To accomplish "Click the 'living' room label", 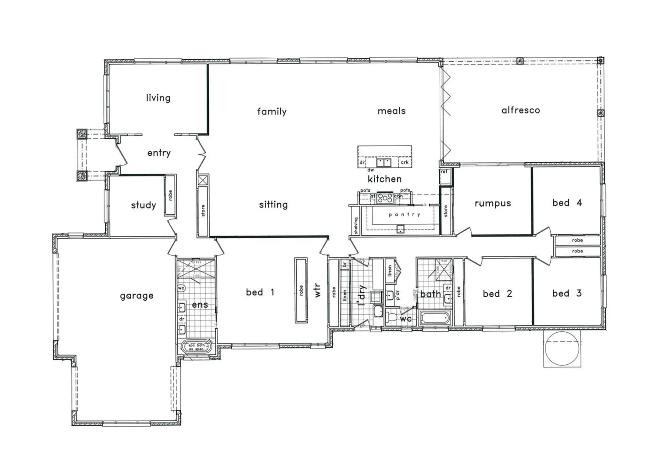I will click(x=158, y=97).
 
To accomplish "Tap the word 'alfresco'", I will click(x=520, y=110).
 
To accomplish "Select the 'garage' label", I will click(x=136, y=296).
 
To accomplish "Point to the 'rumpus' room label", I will click(x=492, y=203).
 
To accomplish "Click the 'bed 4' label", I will click(x=567, y=203).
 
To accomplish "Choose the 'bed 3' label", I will click(x=567, y=293).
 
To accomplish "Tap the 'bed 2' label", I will click(x=497, y=294).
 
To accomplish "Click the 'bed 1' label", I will click(x=260, y=292).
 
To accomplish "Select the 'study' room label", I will click(x=143, y=205).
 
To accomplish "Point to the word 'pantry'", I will click(x=404, y=215).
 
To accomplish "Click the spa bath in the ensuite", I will click(x=197, y=347).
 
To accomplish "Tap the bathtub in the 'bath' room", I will click(x=435, y=317).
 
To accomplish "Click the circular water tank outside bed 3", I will click(x=563, y=348).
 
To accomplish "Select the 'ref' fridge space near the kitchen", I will click(x=444, y=172).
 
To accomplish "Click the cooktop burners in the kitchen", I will click(x=385, y=198).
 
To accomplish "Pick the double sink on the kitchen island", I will click(x=383, y=162).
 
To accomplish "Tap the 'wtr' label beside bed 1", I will click(x=318, y=291).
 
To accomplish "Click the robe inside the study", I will click(x=170, y=195).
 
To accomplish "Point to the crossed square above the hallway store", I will click(x=203, y=180).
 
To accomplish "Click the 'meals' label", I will click(x=391, y=111).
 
